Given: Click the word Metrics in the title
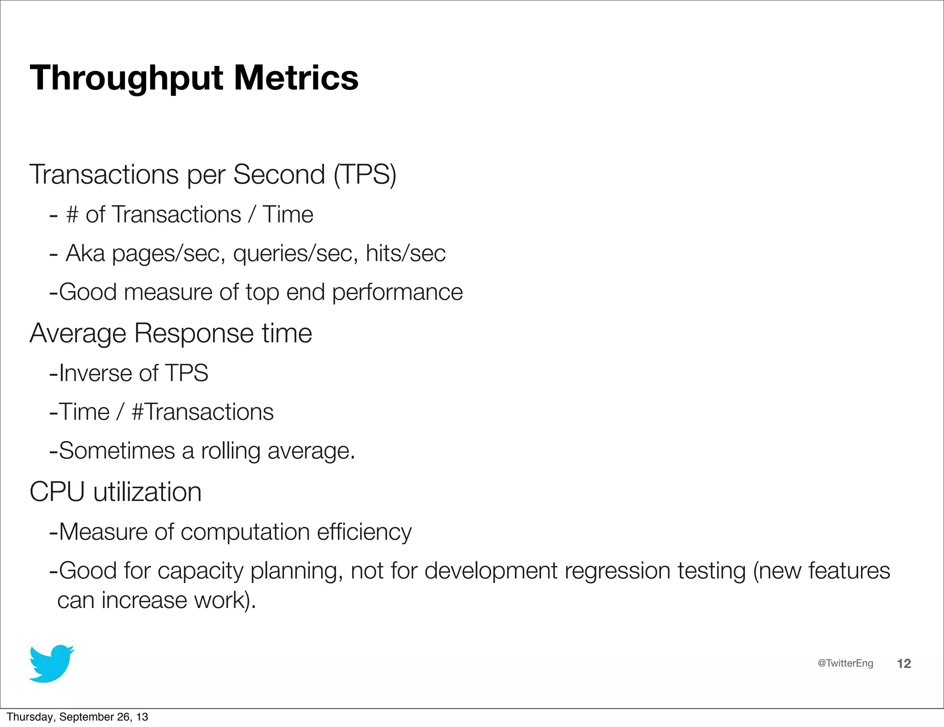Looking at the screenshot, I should coord(296,77).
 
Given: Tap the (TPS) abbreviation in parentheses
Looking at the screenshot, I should coord(365,175).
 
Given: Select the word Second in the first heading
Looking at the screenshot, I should coord(279,174).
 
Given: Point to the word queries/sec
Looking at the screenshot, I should coord(295,254).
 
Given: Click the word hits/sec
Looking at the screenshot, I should coord(406,253).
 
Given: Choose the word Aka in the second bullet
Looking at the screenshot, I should coord(85,253).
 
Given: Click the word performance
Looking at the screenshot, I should coord(397,293).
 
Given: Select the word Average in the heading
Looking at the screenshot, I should coord(77,334).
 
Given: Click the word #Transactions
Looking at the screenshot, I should coord(202,412).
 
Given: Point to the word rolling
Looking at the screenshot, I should coord(230,451).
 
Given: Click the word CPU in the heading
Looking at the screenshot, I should coord(57,492).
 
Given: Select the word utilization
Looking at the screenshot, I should coord(147,492).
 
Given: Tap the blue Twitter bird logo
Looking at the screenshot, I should coord(51,663).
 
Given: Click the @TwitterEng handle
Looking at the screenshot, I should coord(845,663).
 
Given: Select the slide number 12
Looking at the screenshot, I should coord(904,664).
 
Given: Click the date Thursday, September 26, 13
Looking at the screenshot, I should coord(77,717).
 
